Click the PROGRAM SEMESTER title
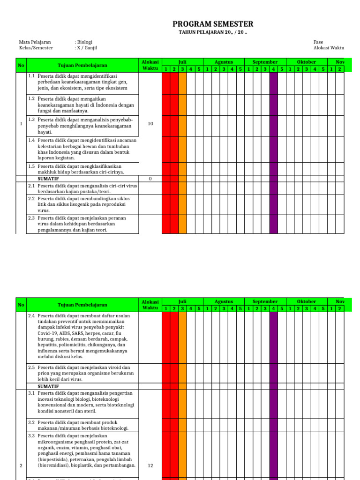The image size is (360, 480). tap(213, 24)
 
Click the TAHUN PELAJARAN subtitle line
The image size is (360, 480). tap(213, 33)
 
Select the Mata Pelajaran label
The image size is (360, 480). tap(35, 42)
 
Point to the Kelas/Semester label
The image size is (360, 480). tap(36, 48)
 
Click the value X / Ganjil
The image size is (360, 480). tap(86, 48)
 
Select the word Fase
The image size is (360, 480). tap(318, 42)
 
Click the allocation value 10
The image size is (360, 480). tap(150, 124)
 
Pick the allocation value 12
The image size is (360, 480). tap(150, 465)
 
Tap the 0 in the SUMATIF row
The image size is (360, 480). tap(150, 179)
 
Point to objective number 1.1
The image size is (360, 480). tap(32, 76)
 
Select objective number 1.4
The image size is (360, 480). tap(32, 140)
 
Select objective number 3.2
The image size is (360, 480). tap(32, 422)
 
